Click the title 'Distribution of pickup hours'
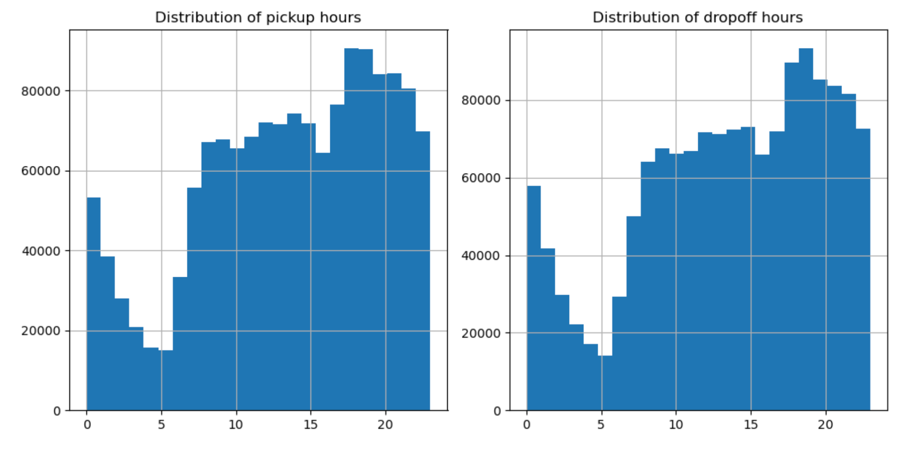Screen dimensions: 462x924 click(258, 17)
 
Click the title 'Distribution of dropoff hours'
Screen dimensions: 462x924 click(697, 17)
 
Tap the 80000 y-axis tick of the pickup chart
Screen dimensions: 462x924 click(41, 92)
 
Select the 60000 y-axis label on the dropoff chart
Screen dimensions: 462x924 click(481, 179)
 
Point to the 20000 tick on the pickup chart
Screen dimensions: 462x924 click(41, 331)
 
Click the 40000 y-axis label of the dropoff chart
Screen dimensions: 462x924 click(481, 256)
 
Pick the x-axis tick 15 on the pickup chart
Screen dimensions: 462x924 click(311, 424)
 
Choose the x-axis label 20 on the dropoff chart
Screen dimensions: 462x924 click(825, 424)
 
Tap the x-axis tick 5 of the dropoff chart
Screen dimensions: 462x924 click(601, 424)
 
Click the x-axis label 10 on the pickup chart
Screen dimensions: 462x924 click(236, 424)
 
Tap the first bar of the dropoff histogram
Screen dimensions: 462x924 click(534, 298)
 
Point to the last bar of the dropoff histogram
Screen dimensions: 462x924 click(863, 269)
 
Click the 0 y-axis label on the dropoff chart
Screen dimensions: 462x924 click(497, 411)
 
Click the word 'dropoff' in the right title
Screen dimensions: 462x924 click(729, 17)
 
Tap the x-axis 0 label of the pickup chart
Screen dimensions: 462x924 click(87, 424)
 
